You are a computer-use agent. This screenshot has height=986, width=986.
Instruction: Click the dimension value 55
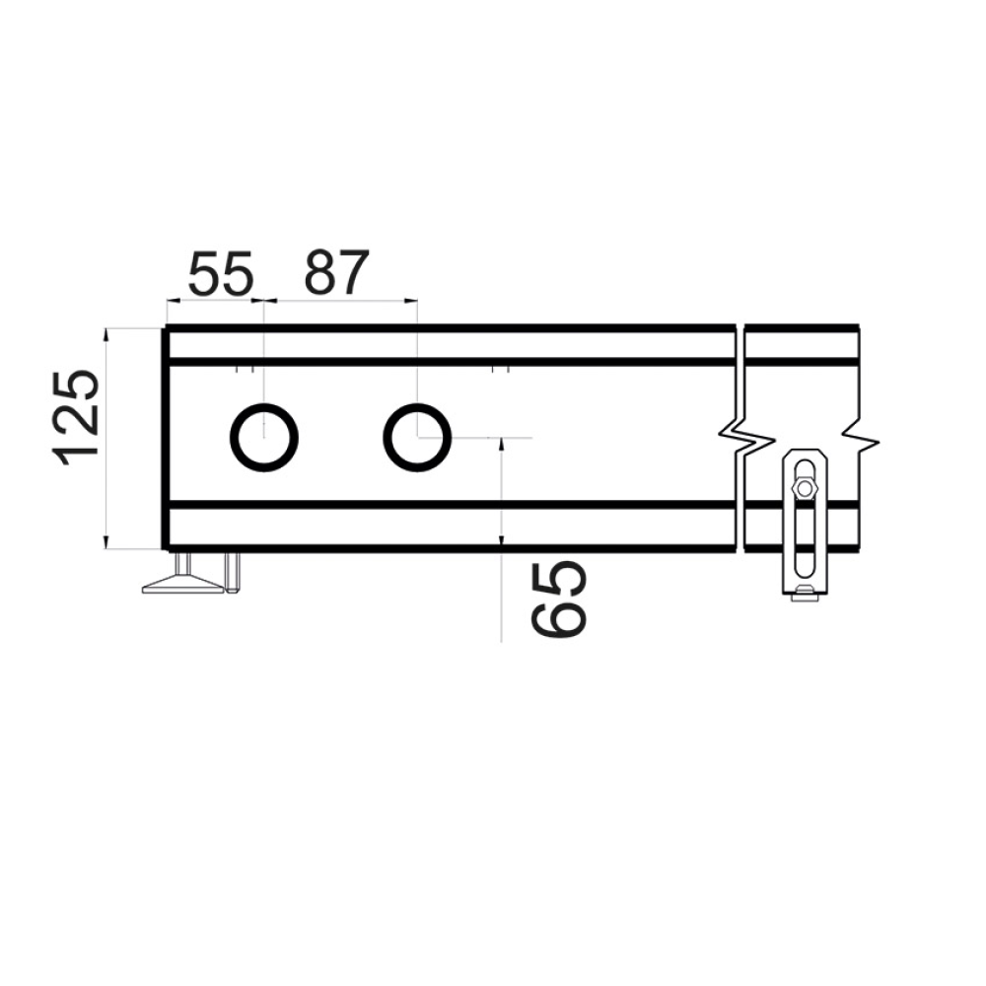point(220,273)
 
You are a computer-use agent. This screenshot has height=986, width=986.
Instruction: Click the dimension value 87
point(336,273)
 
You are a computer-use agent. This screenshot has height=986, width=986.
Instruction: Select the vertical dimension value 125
point(78,418)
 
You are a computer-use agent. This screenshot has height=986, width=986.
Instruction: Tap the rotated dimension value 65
point(559,599)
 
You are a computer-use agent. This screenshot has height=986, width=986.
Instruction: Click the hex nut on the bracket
point(803,488)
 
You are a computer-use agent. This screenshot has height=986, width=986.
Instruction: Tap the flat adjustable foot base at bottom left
point(183,586)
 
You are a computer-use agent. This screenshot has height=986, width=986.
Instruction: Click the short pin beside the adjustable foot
point(232,573)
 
